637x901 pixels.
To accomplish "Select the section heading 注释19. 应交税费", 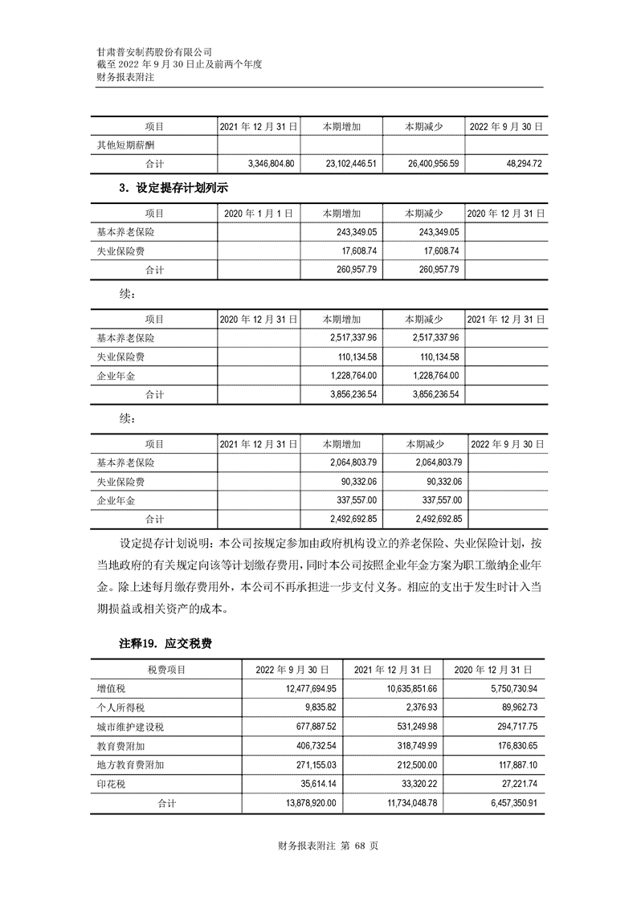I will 165,644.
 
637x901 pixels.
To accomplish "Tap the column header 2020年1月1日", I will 257,214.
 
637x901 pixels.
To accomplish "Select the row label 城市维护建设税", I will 130,727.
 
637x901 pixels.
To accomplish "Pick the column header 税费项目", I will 166,669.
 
